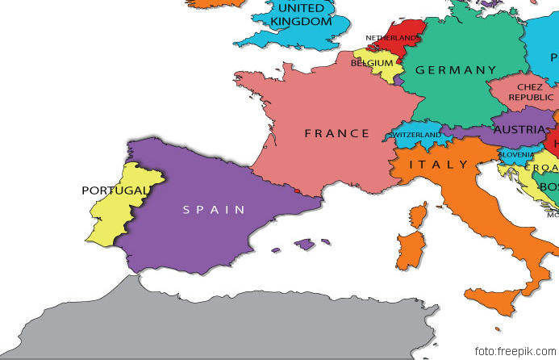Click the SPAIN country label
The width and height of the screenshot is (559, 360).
213,210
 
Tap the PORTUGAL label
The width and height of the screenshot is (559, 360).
115,190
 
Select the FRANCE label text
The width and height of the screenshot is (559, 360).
336,133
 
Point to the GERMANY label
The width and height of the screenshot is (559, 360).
455,70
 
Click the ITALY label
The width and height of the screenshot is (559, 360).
438,165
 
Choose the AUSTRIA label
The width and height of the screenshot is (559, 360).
519,129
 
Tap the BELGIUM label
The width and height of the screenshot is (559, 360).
372,63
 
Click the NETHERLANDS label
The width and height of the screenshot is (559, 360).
392,38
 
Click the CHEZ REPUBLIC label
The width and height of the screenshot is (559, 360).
530,91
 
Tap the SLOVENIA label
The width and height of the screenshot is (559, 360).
515,154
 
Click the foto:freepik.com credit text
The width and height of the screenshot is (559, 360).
515,351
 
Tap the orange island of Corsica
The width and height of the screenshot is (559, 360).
418,215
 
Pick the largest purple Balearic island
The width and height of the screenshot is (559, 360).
303,243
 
